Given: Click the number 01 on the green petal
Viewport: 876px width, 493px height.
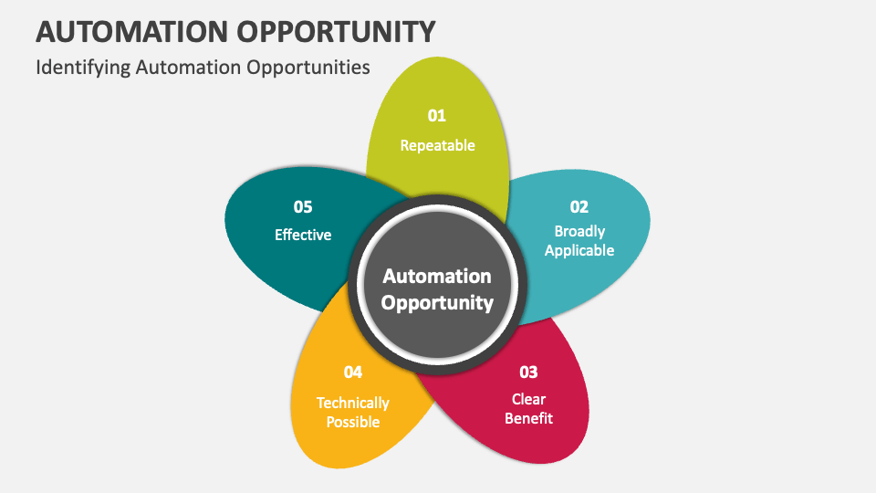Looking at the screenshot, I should tap(437, 115).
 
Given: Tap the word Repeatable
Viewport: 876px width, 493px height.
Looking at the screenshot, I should tap(437, 145).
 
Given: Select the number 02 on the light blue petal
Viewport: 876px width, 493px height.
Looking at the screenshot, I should tap(579, 206).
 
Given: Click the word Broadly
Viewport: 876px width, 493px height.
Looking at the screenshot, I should tap(579, 231).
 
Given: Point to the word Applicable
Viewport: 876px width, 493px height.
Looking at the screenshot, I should tap(579, 250).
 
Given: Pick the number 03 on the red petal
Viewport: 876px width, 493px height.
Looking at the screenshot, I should tap(528, 372).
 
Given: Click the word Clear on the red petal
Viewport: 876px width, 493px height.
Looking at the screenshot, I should tap(528, 399).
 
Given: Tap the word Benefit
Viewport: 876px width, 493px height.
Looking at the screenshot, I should tap(528, 418).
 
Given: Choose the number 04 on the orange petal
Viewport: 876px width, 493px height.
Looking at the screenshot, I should tap(353, 372).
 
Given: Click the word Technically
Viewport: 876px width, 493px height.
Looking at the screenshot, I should tap(353, 403).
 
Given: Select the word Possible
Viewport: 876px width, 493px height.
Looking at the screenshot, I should tap(353, 422).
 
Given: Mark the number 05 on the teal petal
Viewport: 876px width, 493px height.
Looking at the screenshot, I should tap(303, 206).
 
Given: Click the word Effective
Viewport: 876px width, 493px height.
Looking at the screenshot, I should tap(303, 235).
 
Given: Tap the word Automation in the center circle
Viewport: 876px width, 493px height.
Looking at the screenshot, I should tap(437, 276).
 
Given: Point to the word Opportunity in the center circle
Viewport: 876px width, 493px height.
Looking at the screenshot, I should tap(437, 302).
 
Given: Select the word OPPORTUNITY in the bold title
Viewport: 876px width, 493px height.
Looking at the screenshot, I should tap(333, 31).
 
